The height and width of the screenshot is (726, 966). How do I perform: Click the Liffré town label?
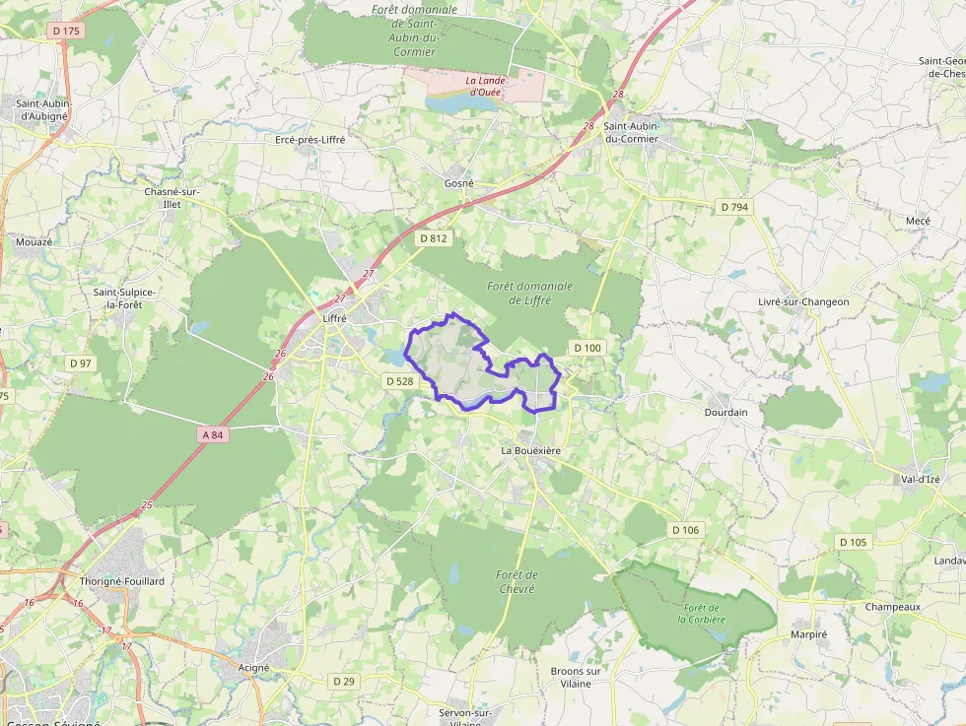point(336,319)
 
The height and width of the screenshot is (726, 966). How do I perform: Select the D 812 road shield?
point(433,238)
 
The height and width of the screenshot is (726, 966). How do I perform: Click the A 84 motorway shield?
point(214,434)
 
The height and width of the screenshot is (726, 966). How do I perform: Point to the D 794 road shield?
point(734,207)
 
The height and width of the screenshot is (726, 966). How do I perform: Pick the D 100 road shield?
point(586,348)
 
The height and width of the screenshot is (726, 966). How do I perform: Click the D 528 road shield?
point(399,381)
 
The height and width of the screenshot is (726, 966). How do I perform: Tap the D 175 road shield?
point(67,31)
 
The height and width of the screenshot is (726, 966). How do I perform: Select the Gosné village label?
point(458,183)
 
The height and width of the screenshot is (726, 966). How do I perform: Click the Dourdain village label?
point(725,412)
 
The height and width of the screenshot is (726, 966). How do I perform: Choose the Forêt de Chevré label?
point(517,581)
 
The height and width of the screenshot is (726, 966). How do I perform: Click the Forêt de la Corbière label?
point(701,613)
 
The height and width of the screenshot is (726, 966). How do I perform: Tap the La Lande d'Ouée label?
point(484,86)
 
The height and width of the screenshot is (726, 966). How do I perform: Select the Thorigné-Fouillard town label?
point(122,581)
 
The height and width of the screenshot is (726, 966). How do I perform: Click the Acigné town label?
point(254,667)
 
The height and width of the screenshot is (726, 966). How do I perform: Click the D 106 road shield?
point(685,530)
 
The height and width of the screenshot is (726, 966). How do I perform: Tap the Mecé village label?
point(918,221)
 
